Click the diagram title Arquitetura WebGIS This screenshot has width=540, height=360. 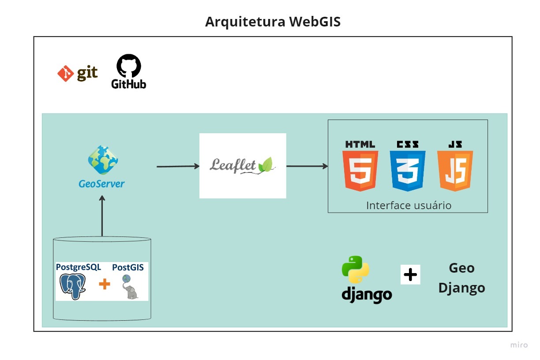pyautogui.click(x=273, y=22)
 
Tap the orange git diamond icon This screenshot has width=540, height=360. pyautogui.click(x=66, y=73)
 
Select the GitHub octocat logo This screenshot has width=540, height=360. pyautogui.click(x=129, y=67)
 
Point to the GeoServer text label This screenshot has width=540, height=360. pyautogui.click(x=101, y=184)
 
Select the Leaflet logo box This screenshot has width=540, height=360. pyautogui.click(x=243, y=165)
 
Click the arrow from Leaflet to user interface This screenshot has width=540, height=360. pyautogui.click(x=307, y=166)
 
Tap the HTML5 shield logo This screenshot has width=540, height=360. pyautogui.click(x=360, y=170)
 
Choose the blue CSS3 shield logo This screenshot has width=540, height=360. pyautogui.click(x=407, y=170)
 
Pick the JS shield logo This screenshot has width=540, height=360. pyautogui.click(x=455, y=170)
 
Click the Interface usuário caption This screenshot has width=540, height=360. pyautogui.click(x=409, y=206)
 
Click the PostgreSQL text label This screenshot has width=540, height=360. pyautogui.click(x=79, y=267)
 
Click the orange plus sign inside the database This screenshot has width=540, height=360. pyautogui.click(x=105, y=284)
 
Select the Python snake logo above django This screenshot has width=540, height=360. pyautogui.click(x=356, y=269)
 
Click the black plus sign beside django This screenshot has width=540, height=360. pyautogui.click(x=410, y=275)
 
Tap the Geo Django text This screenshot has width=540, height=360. pyautogui.click(x=461, y=278)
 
